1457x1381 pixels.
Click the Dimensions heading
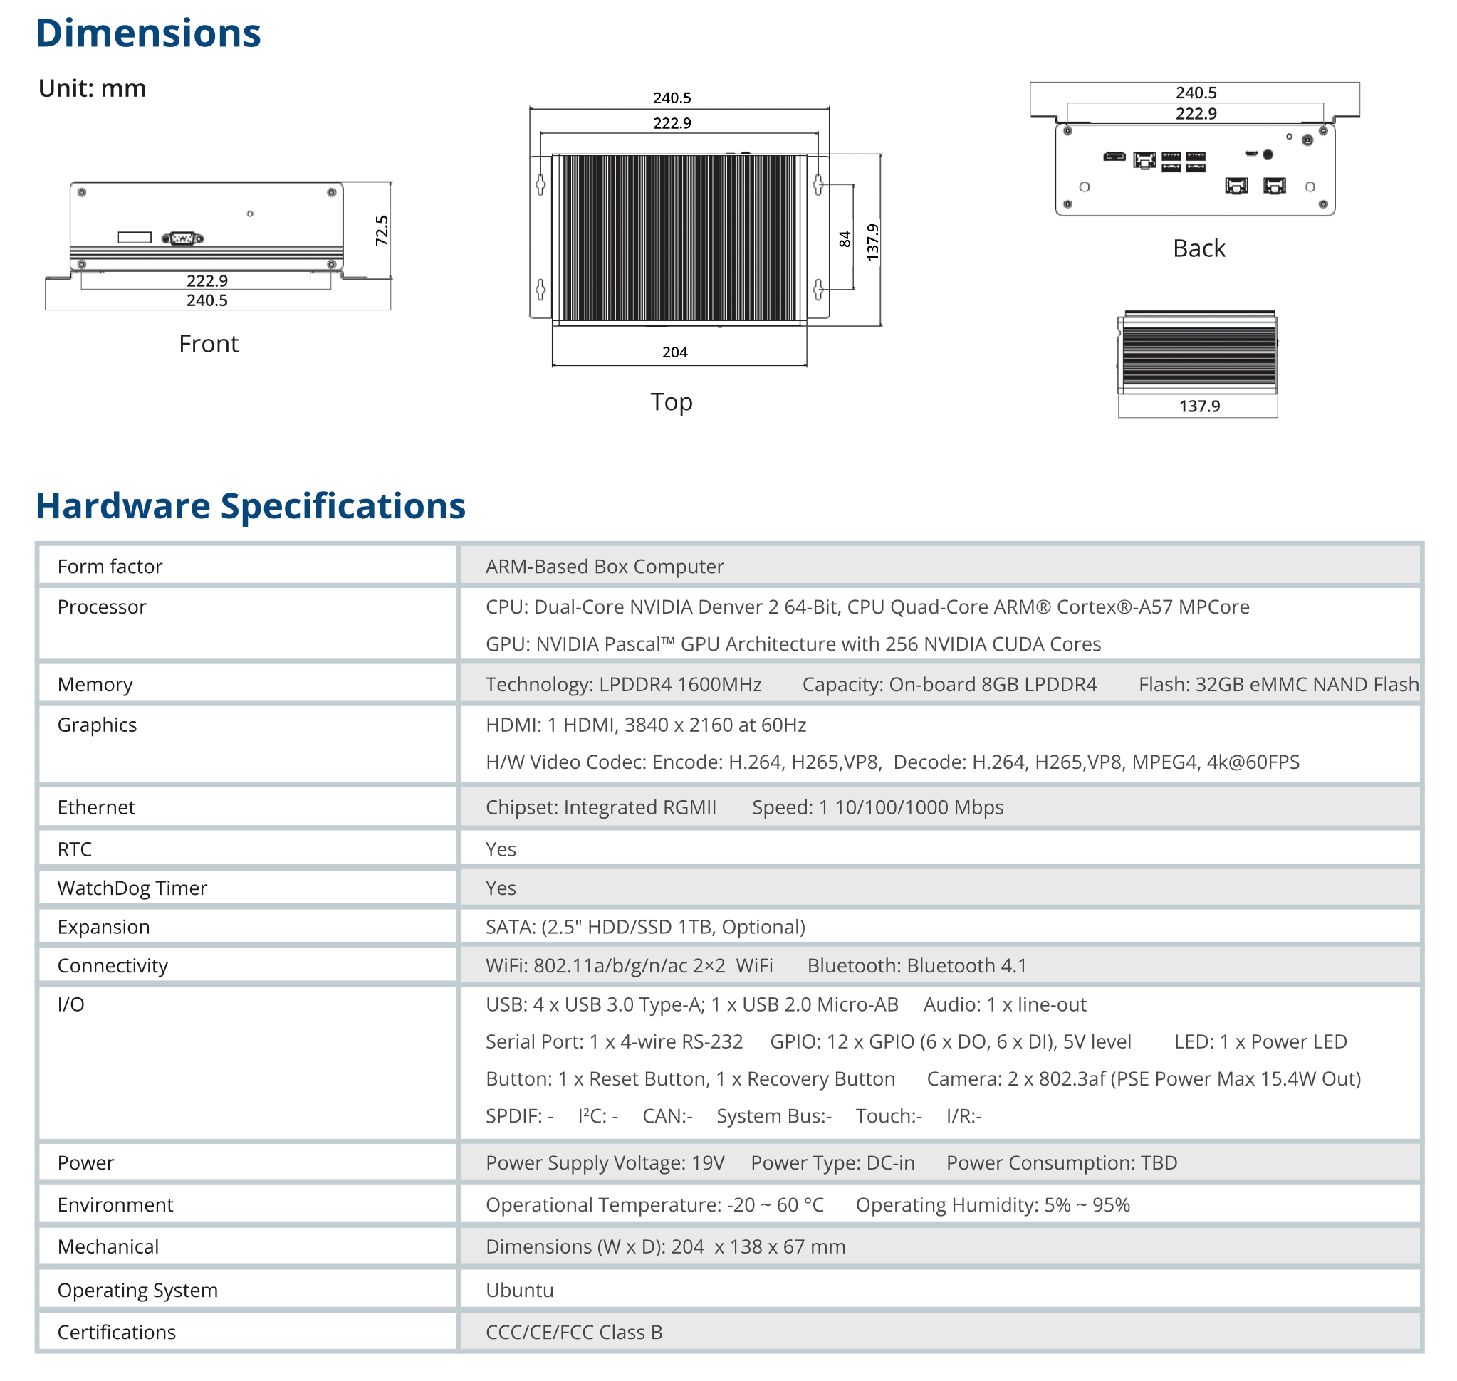[x=148, y=34]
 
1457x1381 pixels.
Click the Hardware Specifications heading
[x=251, y=506]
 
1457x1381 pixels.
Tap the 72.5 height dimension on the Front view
[x=381, y=231]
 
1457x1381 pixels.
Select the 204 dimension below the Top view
[x=674, y=352]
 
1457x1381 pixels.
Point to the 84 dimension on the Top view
[x=845, y=239]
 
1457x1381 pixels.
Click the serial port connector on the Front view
[x=182, y=238]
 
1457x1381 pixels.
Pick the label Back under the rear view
[x=1198, y=249]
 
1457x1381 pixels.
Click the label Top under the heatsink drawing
[x=671, y=403]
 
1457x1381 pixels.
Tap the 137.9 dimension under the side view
[x=1199, y=406]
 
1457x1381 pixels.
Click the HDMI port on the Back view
[x=1114, y=157]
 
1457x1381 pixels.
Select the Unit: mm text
[x=92, y=89]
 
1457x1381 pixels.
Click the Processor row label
[x=102, y=607]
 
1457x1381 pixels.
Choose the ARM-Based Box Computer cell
[x=605, y=567]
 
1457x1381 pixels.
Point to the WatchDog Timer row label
[x=132, y=888]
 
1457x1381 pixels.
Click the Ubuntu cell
[x=519, y=1291]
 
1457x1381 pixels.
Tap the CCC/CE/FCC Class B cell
[x=573, y=1333]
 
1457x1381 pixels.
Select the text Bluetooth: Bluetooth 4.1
[x=916, y=966]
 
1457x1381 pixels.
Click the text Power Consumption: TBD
[x=1062, y=1163]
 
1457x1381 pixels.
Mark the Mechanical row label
[x=108, y=1247]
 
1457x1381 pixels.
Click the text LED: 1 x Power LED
[x=1260, y=1042]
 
